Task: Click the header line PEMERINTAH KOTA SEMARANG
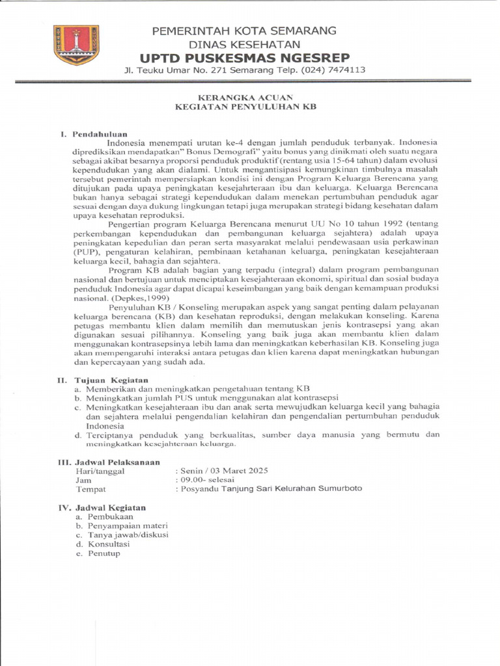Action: [x=244, y=31]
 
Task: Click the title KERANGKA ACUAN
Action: [x=245, y=97]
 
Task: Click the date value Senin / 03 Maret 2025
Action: [x=222, y=470]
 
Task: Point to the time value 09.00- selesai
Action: [x=205, y=479]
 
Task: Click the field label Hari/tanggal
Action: [x=100, y=470]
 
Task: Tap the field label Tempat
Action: [x=91, y=488]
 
